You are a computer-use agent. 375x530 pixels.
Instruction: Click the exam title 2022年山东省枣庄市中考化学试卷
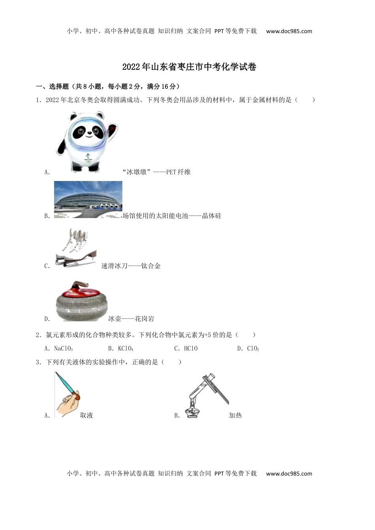coord(189,67)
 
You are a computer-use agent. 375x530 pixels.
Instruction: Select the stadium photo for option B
coord(88,200)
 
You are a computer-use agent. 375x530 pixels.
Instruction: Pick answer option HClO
coord(191,349)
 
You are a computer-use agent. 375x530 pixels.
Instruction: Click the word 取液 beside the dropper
coord(86,415)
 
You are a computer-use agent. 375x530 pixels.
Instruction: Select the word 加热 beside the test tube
coord(235,415)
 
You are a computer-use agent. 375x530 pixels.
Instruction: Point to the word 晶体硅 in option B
coord(212,216)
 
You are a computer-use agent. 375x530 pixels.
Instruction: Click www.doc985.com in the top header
coord(289,31)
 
